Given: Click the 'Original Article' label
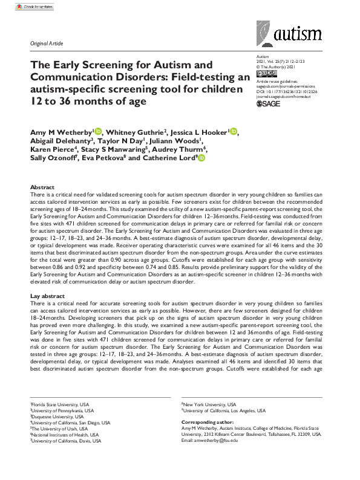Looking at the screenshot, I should pos(46,44).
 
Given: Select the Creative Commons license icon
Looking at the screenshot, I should pos(267,73).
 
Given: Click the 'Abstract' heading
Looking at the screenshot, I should pos(42,188).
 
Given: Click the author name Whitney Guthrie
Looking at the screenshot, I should pos(133,132).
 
